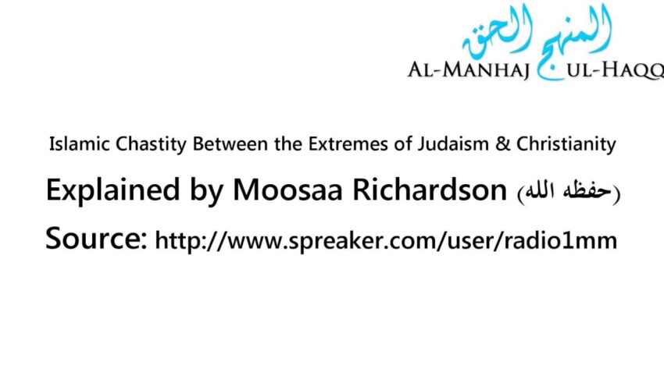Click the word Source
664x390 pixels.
click(x=92, y=238)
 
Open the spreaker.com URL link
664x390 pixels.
click(x=386, y=241)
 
